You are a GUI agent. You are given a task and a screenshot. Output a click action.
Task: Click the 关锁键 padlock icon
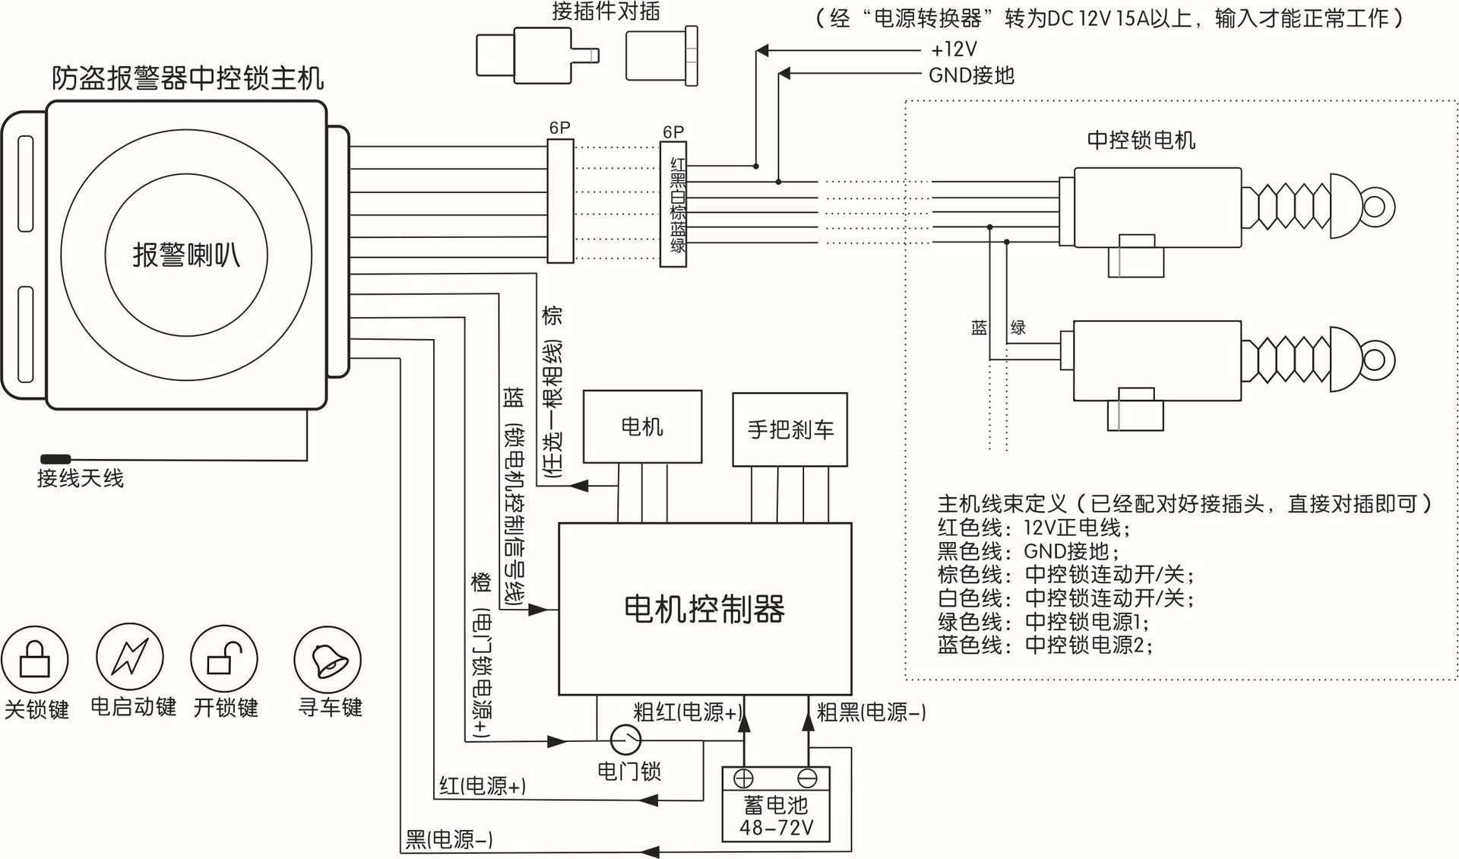[x=35, y=659]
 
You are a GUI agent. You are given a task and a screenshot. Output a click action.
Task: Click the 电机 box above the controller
[x=642, y=426]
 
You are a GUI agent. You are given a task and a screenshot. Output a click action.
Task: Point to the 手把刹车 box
[x=790, y=429]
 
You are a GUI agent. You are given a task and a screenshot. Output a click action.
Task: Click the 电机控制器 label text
[x=704, y=609]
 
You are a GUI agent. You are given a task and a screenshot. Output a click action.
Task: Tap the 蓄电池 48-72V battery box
[x=775, y=815]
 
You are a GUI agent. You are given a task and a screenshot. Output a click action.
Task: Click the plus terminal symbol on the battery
[x=743, y=778]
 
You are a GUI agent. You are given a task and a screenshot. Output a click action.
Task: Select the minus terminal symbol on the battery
[x=807, y=778]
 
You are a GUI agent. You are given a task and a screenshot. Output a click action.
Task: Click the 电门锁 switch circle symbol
[x=626, y=739]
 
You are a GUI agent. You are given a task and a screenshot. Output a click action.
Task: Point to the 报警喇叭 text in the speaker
[x=186, y=255]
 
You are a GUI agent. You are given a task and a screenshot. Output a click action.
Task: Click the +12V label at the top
[x=954, y=50]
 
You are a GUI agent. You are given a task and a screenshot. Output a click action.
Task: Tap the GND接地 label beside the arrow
[x=971, y=75]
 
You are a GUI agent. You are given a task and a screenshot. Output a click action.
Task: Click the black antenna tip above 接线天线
[x=55, y=459]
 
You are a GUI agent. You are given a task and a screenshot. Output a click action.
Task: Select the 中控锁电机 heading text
[x=1141, y=141]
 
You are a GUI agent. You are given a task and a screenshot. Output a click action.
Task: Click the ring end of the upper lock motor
[x=1375, y=206]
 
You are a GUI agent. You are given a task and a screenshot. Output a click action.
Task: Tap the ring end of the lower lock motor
[x=1375, y=359]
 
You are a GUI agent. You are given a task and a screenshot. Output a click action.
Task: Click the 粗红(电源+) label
[x=687, y=712]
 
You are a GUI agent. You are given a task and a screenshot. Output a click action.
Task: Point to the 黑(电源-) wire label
[x=449, y=839]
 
